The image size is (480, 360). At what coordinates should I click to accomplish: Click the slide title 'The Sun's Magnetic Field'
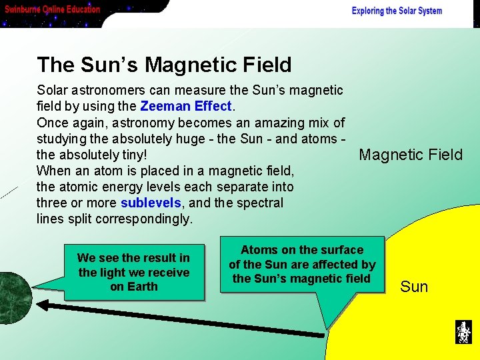click(164, 65)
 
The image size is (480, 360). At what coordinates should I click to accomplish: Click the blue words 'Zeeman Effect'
click(185, 106)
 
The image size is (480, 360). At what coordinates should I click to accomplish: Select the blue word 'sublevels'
click(151, 203)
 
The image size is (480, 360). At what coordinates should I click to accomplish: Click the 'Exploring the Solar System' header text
click(397, 11)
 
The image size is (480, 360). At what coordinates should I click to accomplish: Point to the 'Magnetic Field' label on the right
click(410, 155)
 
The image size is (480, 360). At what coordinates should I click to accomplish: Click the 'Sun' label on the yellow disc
click(413, 287)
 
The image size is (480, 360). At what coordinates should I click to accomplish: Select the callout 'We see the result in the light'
click(133, 272)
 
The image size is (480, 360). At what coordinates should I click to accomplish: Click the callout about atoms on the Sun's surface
click(302, 264)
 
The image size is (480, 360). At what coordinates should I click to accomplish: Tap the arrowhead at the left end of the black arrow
click(41, 305)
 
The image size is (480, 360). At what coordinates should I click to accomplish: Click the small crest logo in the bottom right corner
click(463, 332)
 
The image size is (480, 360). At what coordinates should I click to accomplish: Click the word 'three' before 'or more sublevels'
click(51, 203)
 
